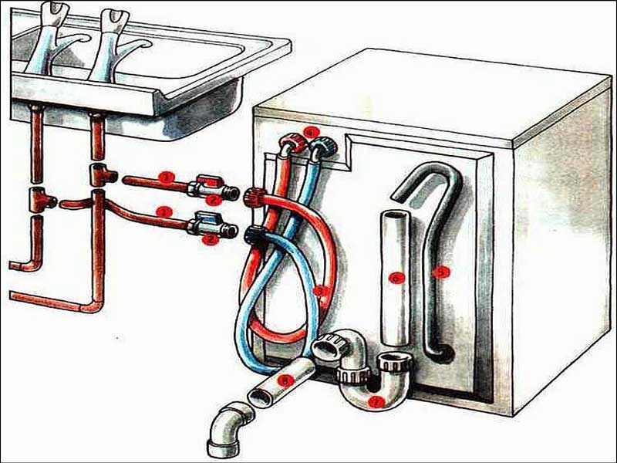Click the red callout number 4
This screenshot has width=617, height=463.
310,131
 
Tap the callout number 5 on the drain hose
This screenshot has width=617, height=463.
440,272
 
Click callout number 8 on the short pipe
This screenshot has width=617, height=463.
286,380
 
